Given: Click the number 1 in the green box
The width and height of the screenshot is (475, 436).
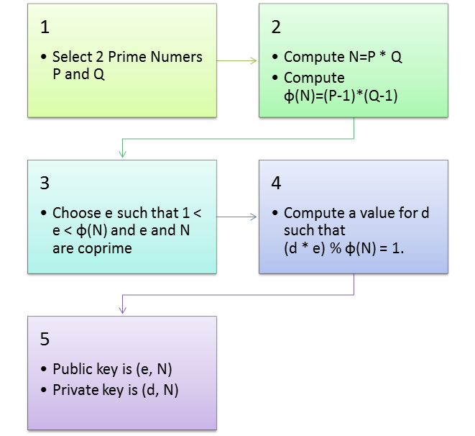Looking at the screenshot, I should [45, 28].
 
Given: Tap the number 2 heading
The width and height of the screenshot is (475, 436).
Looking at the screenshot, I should [277, 28].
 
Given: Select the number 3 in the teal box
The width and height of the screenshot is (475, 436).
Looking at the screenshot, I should [45, 183].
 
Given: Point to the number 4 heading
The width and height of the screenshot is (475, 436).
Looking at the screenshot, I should [277, 183].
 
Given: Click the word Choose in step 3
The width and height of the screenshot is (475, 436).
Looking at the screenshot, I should [76, 213].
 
